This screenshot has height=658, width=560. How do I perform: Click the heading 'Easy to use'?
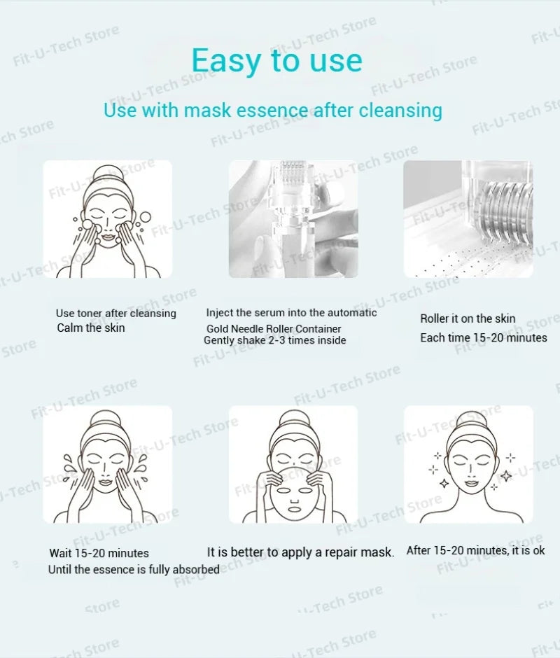[277, 60]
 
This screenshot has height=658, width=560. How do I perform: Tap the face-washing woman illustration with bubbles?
[107, 218]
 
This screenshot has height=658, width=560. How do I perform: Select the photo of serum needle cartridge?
[293, 218]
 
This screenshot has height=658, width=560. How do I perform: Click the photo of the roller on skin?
[468, 218]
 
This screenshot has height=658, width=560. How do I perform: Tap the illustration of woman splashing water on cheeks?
[107, 463]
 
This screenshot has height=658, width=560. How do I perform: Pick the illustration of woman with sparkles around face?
[468, 463]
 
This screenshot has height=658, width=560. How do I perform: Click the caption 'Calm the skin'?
[90, 328]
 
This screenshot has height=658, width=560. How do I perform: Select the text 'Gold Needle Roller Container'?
[274, 328]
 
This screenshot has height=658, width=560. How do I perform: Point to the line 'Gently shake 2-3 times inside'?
[274, 340]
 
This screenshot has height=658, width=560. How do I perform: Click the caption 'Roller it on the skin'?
[468, 318]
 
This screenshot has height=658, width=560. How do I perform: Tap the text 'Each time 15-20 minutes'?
[483, 337]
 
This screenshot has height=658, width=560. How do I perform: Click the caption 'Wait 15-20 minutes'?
[99, 553]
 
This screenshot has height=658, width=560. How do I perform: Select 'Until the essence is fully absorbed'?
[133, 570]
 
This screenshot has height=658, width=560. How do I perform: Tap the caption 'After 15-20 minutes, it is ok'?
[475, 550]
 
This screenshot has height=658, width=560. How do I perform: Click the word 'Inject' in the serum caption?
[219, 312]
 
